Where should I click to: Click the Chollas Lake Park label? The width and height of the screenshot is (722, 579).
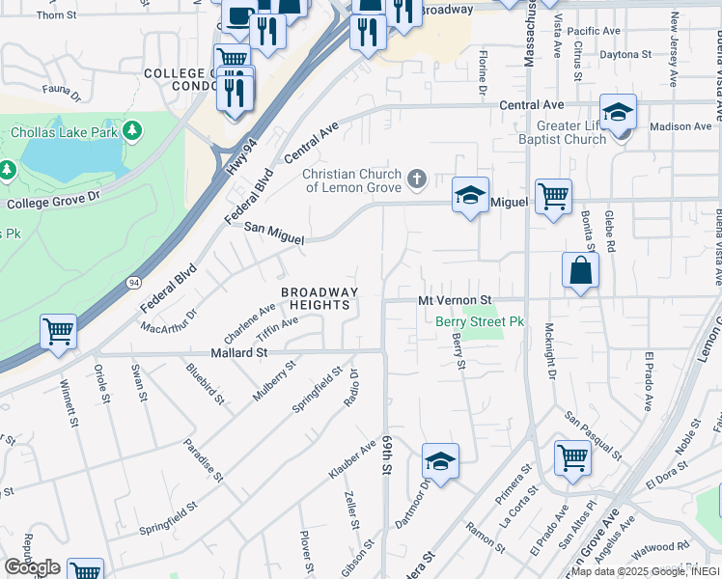[65, 130]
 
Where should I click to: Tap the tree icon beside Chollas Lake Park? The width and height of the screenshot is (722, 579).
[132, 129]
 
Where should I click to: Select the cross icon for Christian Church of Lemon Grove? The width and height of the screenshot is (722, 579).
[417, 178]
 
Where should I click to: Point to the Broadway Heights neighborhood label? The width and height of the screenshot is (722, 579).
[319, 298]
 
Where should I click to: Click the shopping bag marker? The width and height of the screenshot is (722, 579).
[581, 271]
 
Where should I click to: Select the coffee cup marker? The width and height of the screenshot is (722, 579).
[237, 15]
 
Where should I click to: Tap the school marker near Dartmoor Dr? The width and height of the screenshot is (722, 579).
[440, 461]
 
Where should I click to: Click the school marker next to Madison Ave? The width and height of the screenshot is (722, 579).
[618, 112]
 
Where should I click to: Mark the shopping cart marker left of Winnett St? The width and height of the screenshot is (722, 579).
[59, 332]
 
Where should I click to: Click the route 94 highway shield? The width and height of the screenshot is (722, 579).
[132, 282]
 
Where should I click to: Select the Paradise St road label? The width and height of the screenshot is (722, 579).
[205, 464]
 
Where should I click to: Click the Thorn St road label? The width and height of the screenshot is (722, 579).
[56, 15]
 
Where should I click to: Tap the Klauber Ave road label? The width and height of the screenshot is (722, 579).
[351, 462]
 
